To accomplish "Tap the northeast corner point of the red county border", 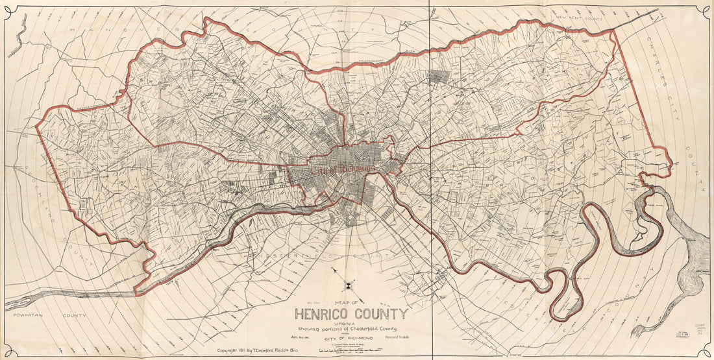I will click(613, 30).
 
